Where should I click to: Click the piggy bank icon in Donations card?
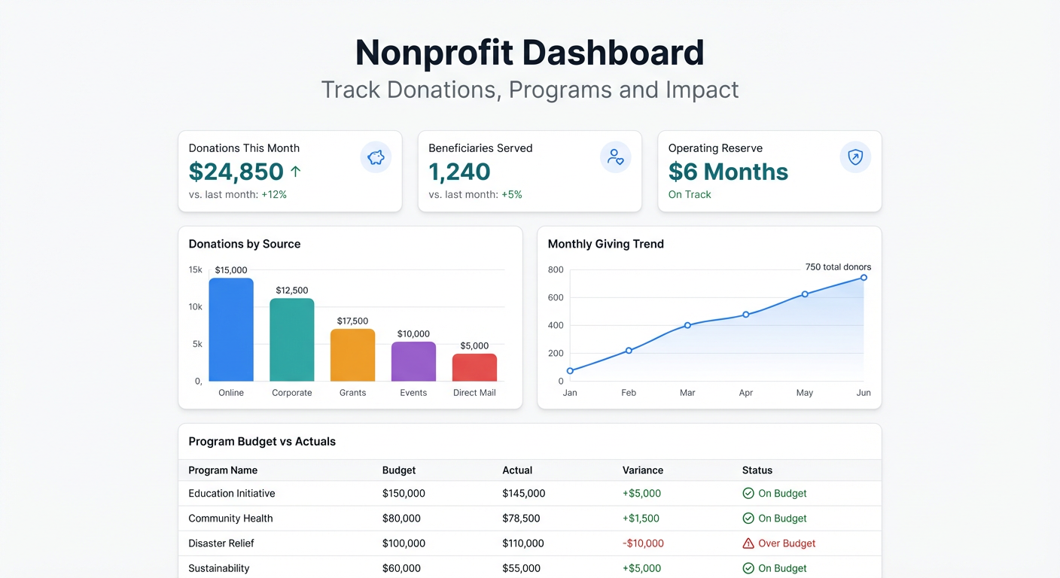pyautogui.click(x=376, y=157)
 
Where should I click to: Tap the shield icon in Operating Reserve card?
pyautogui.click(x=855, y=157)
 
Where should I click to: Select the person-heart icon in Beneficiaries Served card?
pyautogui.click(x=615, y=157)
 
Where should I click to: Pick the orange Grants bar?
pyautogui.click(x=352, y=355)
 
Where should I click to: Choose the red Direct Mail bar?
pyautogui.click(x=474, y=367)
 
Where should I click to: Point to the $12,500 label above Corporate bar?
pyautogui.click(x=292, y=291)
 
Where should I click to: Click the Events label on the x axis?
pyautogui.click(x=413, y=393)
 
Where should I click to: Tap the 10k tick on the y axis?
pyautogui.click(x=195, y=307)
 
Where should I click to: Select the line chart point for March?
pyautogui.click(x=687, y=325)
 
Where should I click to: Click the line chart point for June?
pyautogui.click(x=864, y=278)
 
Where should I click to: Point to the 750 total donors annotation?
pyautogui.click(x=838, y=267)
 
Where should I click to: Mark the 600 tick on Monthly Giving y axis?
pyautogui.click(x=556, y=298)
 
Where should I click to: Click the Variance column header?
pyautogui.click(x=642, y=470)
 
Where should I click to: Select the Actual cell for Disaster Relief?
pyautogui.click(x=523, y=543)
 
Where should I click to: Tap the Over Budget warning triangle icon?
pyautogui.click(x=748, y=543)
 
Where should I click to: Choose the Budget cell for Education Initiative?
pyautogui.click(x=404, y=494)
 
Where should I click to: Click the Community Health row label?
pyautogui.click(x=230, y=519)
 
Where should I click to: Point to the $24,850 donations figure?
pyautogui.click(x=236, y=172)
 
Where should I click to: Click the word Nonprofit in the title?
pyautogui.click(x=434, y=53)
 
